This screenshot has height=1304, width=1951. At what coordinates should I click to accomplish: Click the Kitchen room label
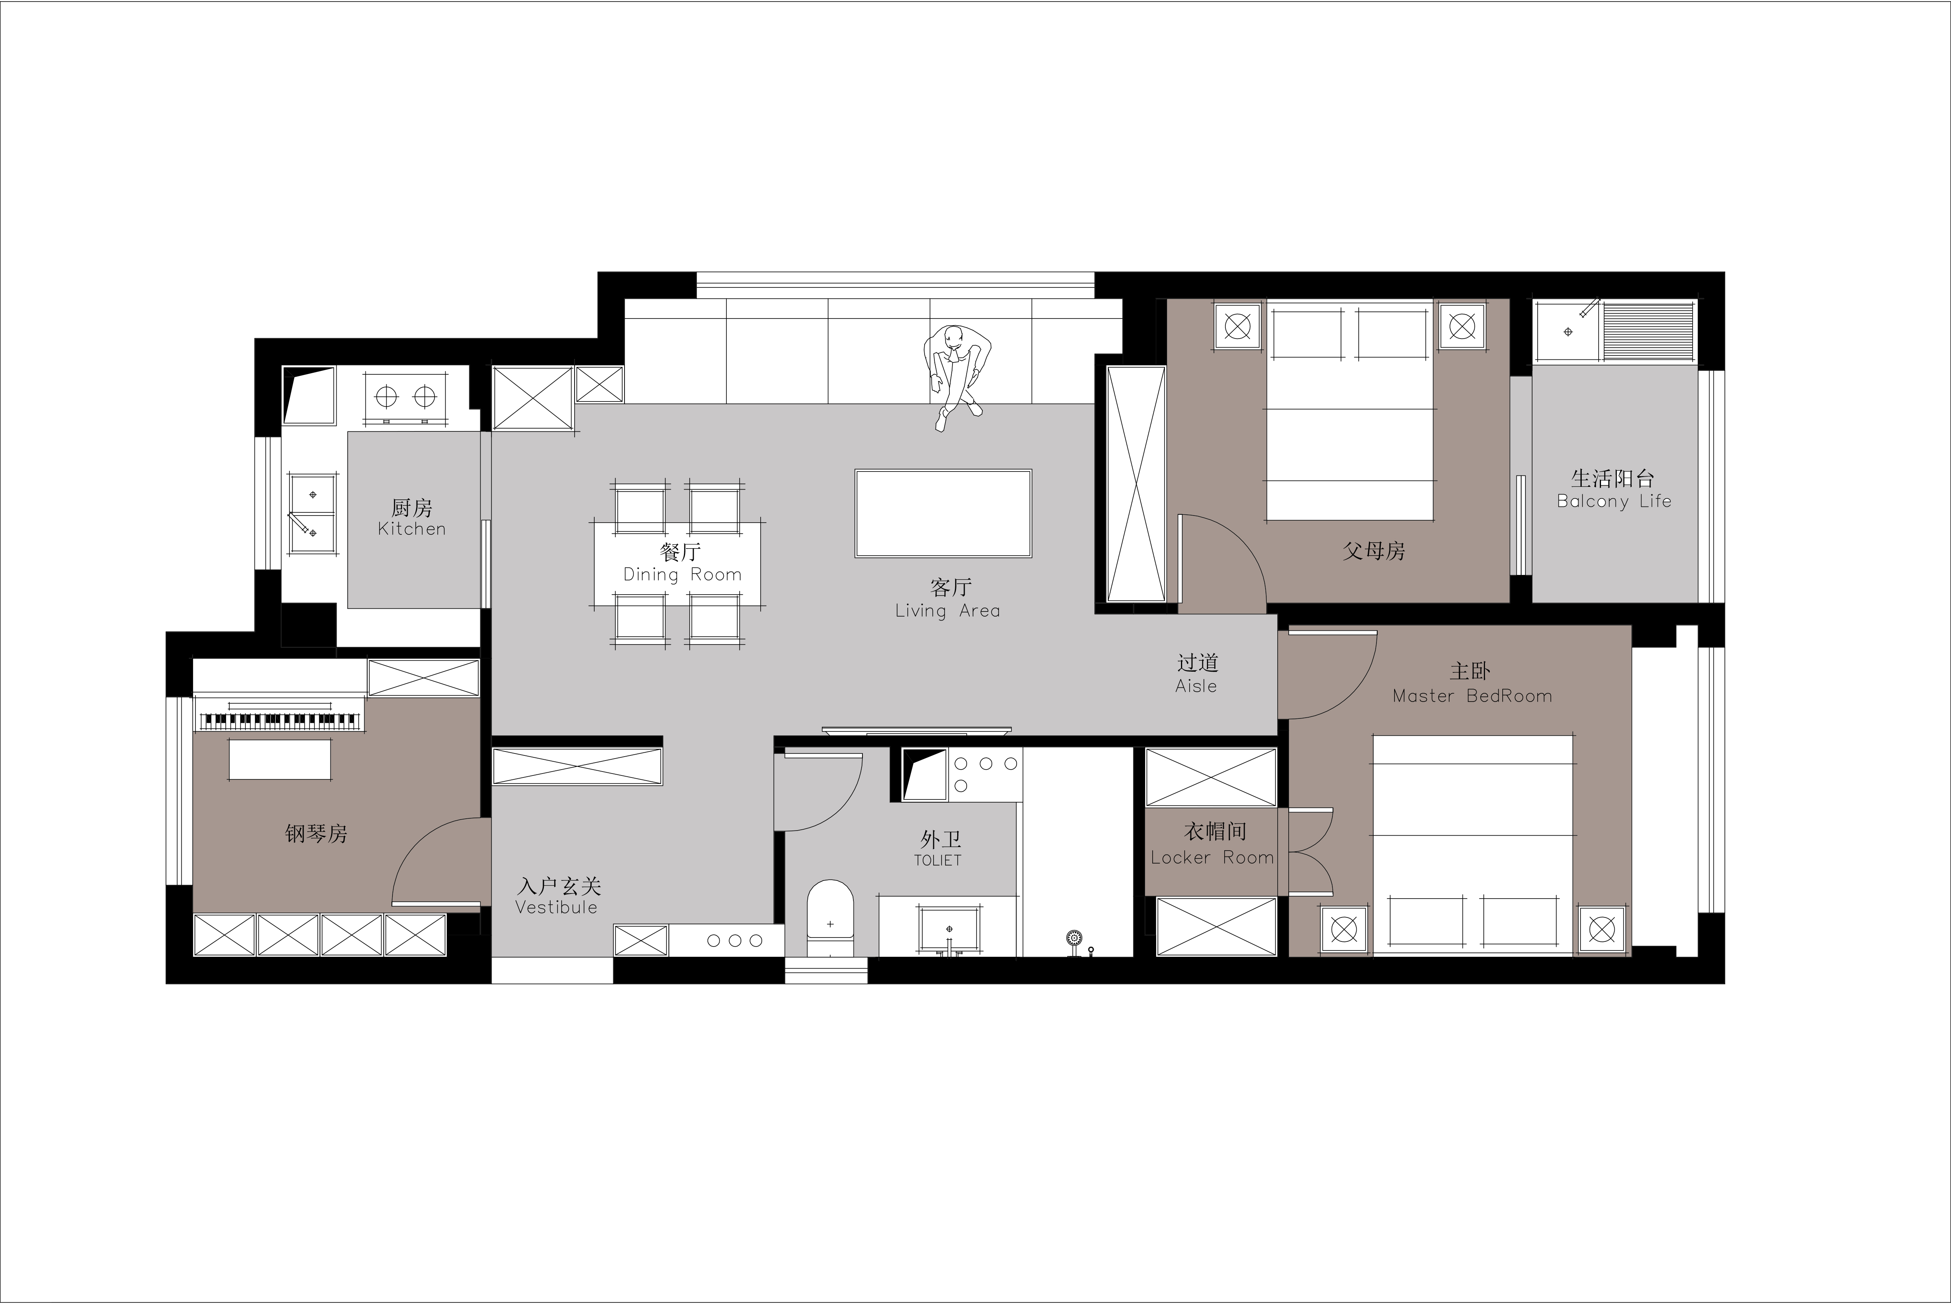coord(412,529)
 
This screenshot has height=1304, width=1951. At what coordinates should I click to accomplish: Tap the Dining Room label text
coord(682,575)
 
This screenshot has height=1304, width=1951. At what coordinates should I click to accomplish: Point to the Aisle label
coord(1196,686)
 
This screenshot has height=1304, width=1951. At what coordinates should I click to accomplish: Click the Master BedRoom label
coord(1472,696)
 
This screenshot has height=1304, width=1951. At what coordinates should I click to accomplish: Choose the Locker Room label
coord(1212,857)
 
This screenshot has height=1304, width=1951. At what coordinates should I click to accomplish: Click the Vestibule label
coord(556,907)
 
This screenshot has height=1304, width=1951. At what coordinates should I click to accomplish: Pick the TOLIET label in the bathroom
coord(938,861)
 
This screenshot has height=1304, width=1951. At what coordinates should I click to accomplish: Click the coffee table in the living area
coord(943,513)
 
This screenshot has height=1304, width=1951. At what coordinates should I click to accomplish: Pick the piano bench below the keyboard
coord(280,759)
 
